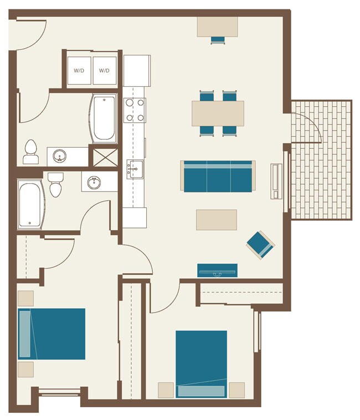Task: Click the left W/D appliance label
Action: pyautogui.click(x=79, y=71)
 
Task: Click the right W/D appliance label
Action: pyautogui.click(x=104, y=71)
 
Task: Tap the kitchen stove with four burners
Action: pyautogui.click(x=134, y=110)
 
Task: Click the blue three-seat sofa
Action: pyautogui.click(x=218, y=177)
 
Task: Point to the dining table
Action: pyautogui.click(x=218, y=113)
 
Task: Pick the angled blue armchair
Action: pyautogui.click(x=260, y=244)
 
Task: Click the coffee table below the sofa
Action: pyautogui.click(x=217, y=220)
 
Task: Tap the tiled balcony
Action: pyautogui.click(x=322, y=160)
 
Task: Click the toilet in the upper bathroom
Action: pyautogui.click(x=31, y=153)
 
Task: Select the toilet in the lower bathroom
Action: pyautogui.click(x=55, y=185)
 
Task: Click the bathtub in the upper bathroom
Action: pyautogui.click(x=104, y=118)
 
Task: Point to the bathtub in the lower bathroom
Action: pyautogui.click(x=30, y=204)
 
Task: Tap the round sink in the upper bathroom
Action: pyautogui.click(x=60, y=156)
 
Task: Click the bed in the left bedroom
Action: pyautogui.click(x=52, y=334)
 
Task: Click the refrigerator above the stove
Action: pyautogui.click(x=137, y=70)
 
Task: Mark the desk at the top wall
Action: pyautogui.click(x=218, y=26)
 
